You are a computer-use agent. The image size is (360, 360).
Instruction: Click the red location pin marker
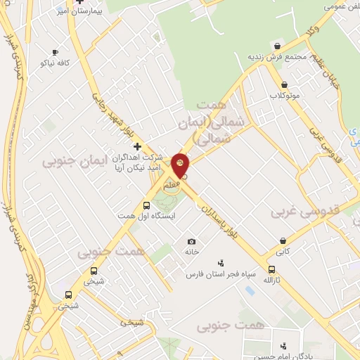181,165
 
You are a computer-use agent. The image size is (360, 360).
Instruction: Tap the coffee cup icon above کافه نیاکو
56,52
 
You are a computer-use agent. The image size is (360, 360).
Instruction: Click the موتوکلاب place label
285,95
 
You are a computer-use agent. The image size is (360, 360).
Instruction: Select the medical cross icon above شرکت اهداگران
137,146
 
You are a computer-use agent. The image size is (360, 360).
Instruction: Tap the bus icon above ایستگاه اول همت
146,206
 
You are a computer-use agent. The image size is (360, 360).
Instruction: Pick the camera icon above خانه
191,242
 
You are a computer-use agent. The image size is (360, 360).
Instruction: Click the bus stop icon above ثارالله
272,269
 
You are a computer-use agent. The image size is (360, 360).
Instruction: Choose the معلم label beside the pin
171,184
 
